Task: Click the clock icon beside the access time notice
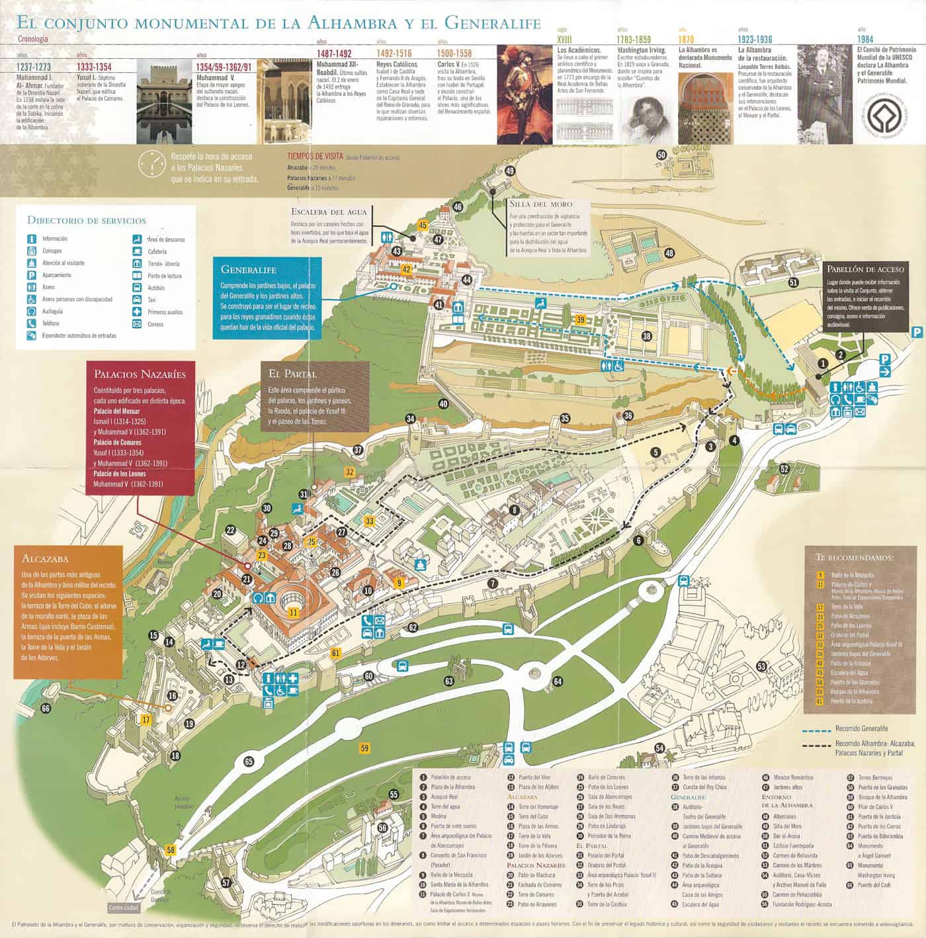[x=151, y=163]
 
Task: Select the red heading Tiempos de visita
[x=315, y=157]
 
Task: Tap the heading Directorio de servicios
[x=87, y=220]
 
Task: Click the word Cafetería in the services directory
[x=157, y=251]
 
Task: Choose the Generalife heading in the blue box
[x=249, y=270]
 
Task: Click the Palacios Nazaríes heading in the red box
[x=140, y=374]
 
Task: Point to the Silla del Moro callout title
[x=540, y=204]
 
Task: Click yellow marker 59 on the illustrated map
[x=364, y=748]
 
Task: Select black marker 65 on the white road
[x=249, y=761]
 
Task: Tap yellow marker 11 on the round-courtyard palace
[x=292, y=613]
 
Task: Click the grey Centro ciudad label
[x=124, y=907]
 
